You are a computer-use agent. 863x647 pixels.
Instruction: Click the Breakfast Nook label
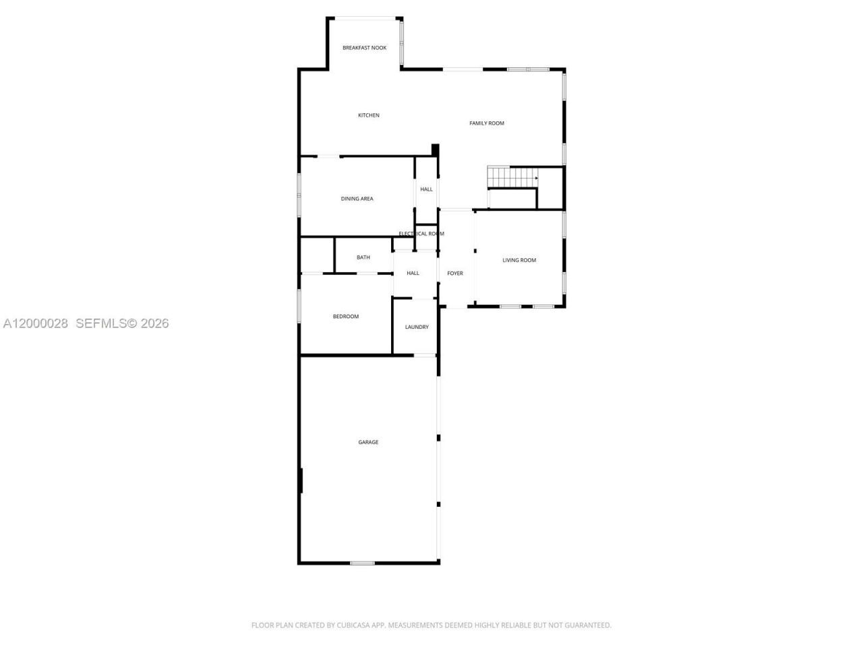tap(364, 48)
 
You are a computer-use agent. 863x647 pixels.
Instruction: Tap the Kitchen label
tap(368, 115)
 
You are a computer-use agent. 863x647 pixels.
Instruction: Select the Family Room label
tap(487, 123)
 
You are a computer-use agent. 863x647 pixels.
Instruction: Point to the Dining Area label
tap(357, 199)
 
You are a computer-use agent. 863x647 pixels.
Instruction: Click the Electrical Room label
tap(421, 234)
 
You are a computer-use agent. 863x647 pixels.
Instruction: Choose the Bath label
tap(363, 257)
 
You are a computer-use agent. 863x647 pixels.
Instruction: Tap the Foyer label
tap(455, 274)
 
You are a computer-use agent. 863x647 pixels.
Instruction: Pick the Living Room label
tap(519, 260)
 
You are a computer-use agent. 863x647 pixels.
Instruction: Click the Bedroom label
tap(346, 317)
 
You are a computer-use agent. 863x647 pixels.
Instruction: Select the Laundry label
tap(417, 328)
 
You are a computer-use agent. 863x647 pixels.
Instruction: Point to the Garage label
tap(368, 443)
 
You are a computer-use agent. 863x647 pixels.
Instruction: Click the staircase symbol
tap(512, 178)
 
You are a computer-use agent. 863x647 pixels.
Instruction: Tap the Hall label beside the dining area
tap(426, 189)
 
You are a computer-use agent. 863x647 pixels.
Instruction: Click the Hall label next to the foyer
tap(413, 274)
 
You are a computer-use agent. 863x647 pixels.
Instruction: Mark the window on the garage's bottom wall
tap(362, 563)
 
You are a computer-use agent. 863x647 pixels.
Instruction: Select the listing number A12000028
tap(36, 323)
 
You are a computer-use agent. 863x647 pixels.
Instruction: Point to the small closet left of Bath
tap(317, 255)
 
